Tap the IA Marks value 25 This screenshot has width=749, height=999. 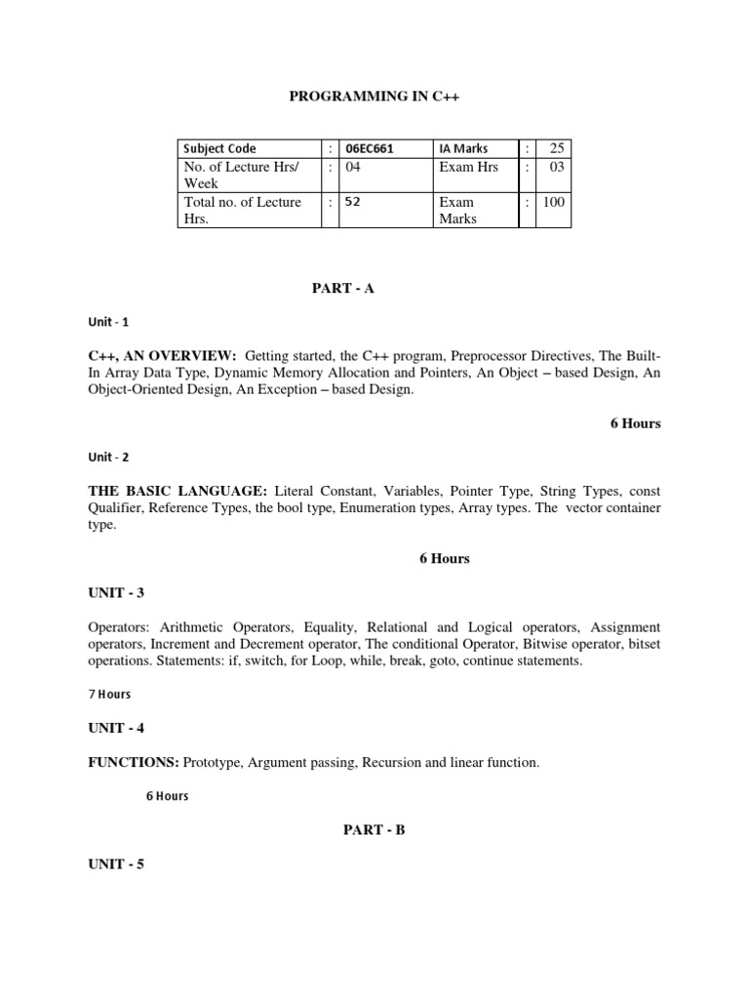click(557, 148)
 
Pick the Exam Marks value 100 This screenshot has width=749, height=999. click(554, 202)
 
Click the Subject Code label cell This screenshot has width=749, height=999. click(220, 148)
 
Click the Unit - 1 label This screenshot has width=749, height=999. click(108, 322)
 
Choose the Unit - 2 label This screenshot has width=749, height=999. click(108, 457)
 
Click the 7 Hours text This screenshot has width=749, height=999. click(109, 694)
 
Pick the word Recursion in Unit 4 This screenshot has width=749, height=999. click(391, 762)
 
